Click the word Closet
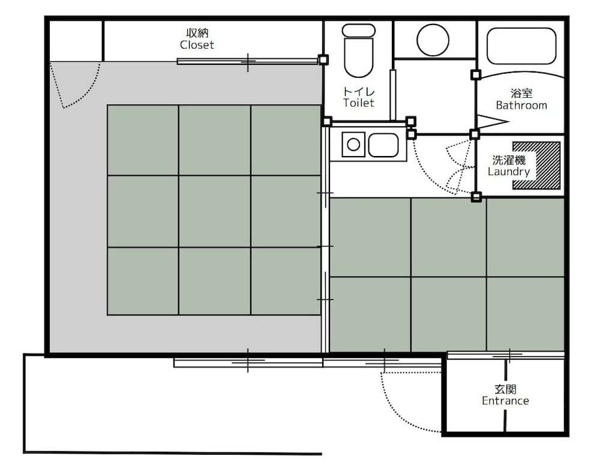click(197, 45)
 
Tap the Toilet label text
click(359, 103)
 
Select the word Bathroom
click(521, 105)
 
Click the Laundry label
click(509, 172)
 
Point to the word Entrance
click(505, 401)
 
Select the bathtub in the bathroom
click(521, 46)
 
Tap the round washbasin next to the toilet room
click(433, 40)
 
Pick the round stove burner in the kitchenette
click(353, 145)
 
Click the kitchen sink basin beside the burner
click(383, 145)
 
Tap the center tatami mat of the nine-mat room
click(215, 211)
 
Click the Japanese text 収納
click(197, 33)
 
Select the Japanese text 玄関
click(505, 389)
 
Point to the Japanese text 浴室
click(521, 93)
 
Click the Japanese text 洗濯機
click(509, 160)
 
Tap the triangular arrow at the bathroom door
click(493, 122)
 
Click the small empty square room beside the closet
click(76, 41)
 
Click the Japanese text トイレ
click(359, 91)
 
